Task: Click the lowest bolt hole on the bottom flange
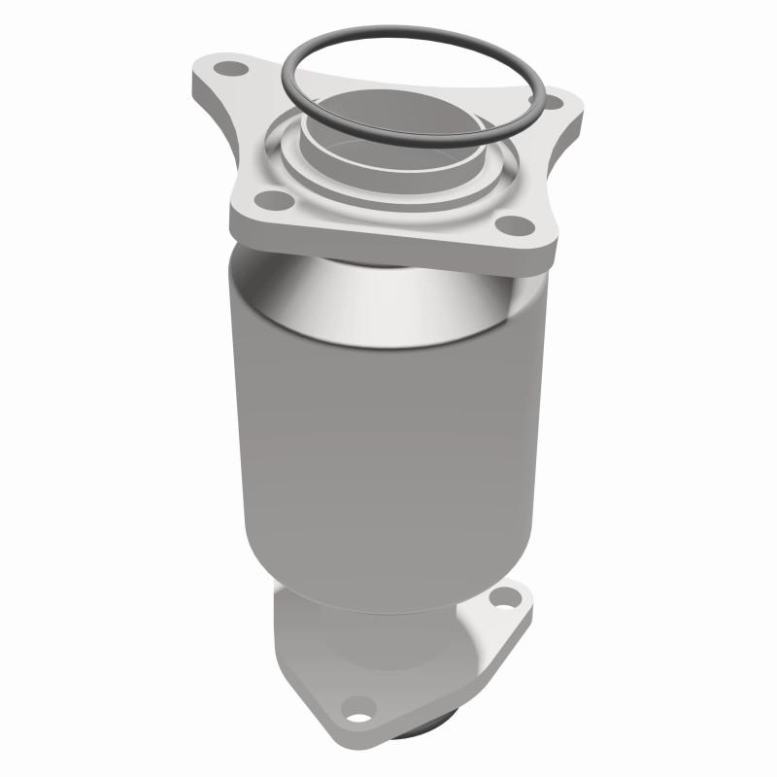tap(358, 706)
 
